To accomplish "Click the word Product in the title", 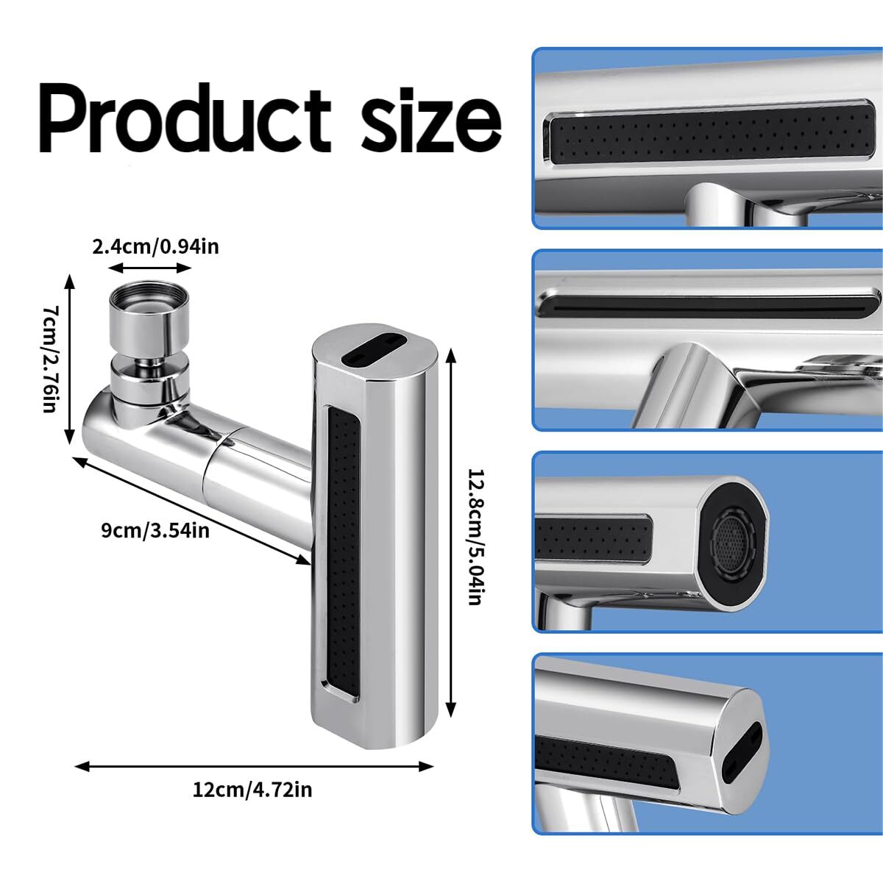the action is click(185, 118).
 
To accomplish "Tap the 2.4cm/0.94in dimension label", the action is click(155, 247).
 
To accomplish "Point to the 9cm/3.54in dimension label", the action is click(155, 530).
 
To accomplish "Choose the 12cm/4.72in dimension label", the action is click(252, 790).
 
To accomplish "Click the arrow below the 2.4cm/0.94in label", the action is click(150, 268).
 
